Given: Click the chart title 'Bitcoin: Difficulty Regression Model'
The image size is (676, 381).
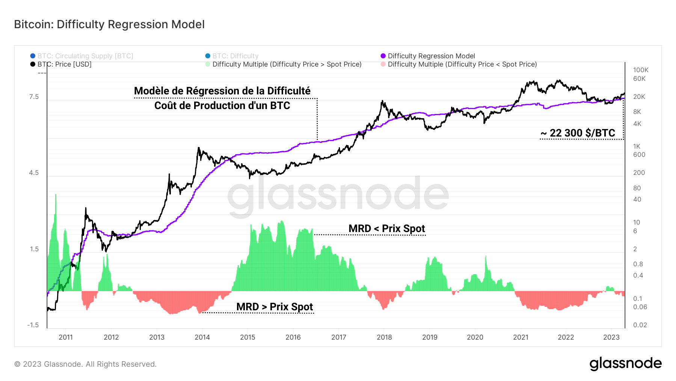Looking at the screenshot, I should pos(109,24).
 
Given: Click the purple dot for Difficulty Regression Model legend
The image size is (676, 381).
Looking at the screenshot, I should pos(383,56).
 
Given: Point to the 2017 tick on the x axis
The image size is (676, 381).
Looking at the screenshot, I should pos(338,337).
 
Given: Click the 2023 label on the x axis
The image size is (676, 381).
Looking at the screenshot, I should pos(611,337).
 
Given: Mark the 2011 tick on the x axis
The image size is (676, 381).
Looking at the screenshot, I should pos(66,337).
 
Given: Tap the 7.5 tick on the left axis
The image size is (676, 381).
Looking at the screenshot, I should pos(34,97).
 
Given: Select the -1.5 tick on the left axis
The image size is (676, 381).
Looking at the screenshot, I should pos(33,325).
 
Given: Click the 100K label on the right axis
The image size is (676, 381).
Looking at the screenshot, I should pos(641,70).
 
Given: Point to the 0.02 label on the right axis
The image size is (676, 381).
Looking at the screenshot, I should pos(640,325).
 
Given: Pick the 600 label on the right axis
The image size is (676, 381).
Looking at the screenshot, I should pos(639,155).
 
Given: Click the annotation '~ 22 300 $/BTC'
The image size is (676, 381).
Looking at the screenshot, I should pos(578,133).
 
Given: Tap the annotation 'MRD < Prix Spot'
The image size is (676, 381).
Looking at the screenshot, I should pos(386,229).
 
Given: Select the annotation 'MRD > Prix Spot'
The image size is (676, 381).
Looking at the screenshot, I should pos(275,307).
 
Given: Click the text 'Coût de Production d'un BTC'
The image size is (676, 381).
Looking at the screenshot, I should pos(222,106).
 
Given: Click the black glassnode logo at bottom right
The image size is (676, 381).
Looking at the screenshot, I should pos(625,364).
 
